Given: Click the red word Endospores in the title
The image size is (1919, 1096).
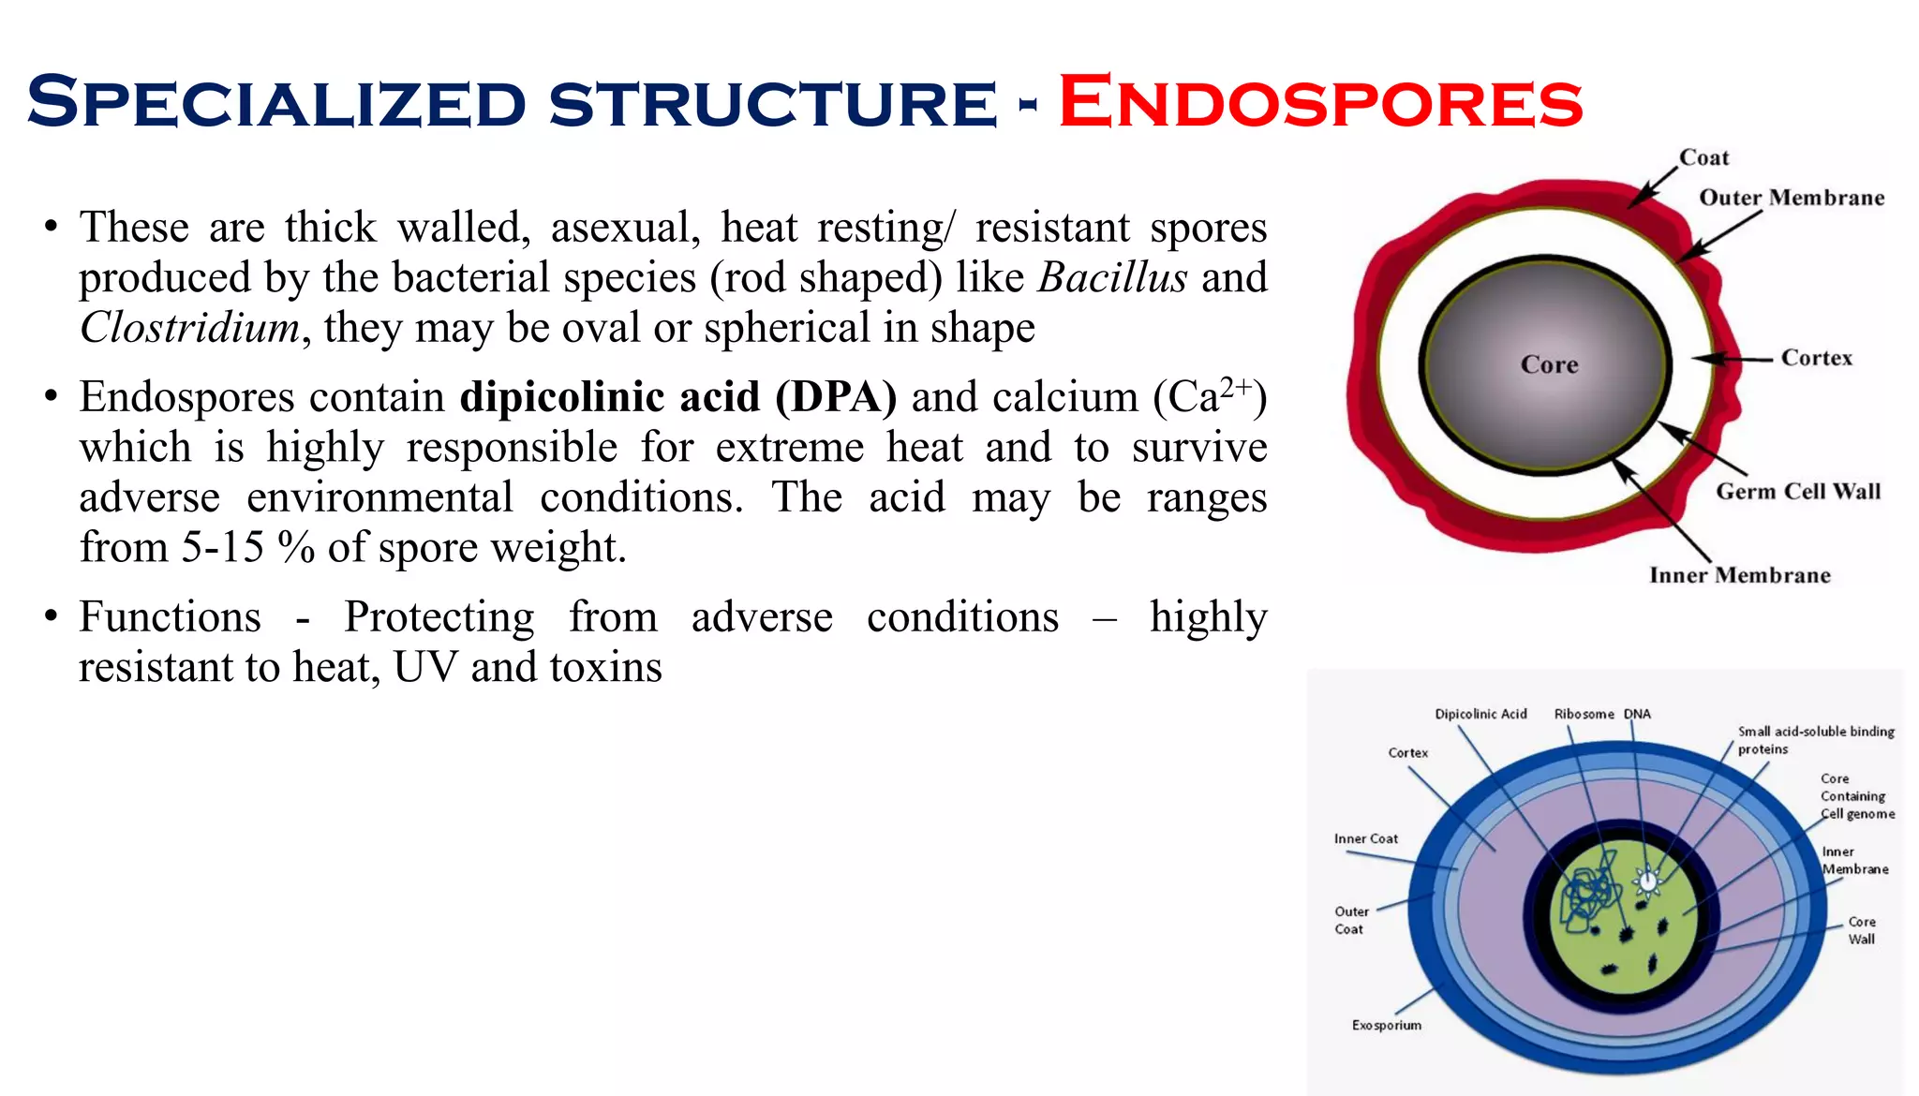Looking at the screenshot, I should [1319, 102].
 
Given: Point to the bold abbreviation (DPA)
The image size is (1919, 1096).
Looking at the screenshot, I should [835, 397].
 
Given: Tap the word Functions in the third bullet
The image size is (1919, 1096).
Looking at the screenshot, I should [170, 617].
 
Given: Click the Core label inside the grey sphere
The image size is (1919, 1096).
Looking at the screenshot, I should [1549, 364].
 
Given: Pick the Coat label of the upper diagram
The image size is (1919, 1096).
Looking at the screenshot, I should [1703, 157].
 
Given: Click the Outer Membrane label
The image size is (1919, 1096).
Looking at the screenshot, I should [1791, 198].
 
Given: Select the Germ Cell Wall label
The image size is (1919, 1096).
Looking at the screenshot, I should [1797, 492].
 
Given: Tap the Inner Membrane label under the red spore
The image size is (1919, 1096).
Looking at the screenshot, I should [1739, 575].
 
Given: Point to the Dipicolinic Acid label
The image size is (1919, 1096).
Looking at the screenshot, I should [1480, 714].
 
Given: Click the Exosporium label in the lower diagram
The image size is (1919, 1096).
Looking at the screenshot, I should [1386, 1025].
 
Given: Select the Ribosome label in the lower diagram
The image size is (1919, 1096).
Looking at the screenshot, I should [1584, 714].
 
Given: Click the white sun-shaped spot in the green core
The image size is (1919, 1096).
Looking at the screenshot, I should [1646, 880].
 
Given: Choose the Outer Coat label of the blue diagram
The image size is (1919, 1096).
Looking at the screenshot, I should [1350, 920].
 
